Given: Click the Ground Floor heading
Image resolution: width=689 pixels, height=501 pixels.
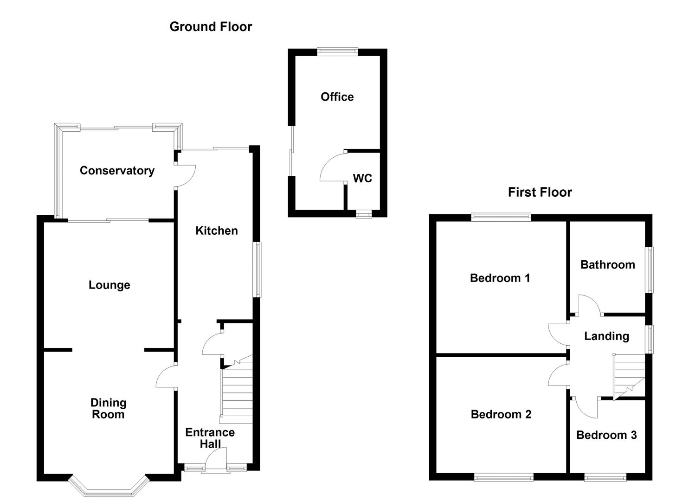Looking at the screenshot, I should (x=211, y=27).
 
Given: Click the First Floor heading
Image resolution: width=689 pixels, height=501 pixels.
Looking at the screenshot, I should (x=540, y=192).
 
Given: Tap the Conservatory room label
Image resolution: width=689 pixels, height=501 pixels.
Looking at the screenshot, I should (x=117, y=171).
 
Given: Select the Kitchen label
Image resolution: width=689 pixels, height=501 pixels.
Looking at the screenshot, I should (x=216, y=231).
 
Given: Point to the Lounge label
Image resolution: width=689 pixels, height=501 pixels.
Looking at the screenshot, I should (x=109, y=285).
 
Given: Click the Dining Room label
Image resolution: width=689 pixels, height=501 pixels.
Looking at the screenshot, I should (x=108, y=409).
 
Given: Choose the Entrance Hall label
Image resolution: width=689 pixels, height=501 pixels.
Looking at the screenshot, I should (x=210, y=438).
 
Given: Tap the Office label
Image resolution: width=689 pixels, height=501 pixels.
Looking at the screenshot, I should (x=337, y=97).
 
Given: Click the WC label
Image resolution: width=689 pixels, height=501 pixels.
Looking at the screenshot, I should (x=362, y=179).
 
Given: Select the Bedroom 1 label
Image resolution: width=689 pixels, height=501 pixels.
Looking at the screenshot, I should (x=500, y=278).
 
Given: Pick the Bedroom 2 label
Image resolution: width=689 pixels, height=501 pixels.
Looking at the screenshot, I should (x=501, y=414).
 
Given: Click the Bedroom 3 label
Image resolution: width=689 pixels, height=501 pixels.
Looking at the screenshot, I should (x=606, y=435).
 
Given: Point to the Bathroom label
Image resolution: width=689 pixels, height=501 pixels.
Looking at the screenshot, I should (x=607, y=265).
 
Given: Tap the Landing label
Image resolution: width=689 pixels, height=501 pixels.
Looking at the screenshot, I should (x=606, y=336).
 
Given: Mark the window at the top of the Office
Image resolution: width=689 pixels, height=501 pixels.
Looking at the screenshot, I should (x=337, y=51).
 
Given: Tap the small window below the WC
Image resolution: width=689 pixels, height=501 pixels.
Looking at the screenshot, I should (x=364, y=214).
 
